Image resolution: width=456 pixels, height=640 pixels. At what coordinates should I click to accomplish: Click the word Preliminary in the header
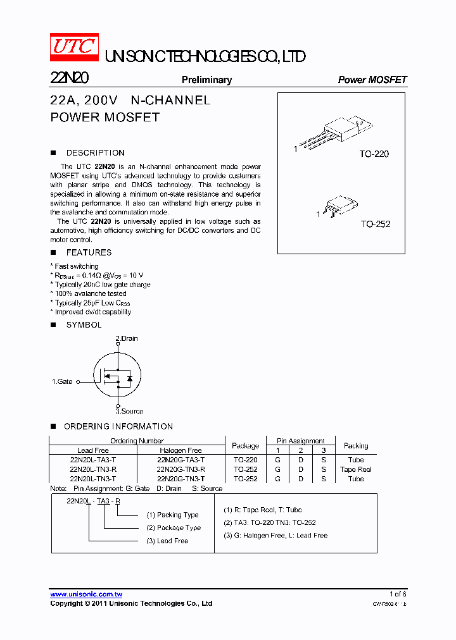click(206, 80)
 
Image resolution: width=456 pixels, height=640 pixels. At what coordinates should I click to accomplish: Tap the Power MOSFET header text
click(372, 80)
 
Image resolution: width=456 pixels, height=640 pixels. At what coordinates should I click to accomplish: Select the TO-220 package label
click(374, 154)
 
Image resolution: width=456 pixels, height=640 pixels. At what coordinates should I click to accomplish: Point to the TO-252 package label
click(376, 224)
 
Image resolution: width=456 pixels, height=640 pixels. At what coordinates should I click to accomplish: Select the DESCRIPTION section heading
click(95, 152)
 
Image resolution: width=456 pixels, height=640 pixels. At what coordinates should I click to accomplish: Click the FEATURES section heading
click(89, 252)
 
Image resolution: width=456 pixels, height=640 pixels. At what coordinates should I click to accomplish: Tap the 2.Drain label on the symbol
click(126, 338)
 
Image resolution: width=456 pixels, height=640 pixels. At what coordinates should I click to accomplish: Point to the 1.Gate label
click(62, 381)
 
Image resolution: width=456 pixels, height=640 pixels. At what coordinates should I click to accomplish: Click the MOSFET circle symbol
click(117, 376)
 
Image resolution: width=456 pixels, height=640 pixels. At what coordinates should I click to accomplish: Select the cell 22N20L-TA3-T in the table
click(93, 460)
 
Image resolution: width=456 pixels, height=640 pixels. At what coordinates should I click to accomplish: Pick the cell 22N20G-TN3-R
click(180, 469)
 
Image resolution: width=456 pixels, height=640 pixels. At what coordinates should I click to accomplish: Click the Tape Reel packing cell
click(355, 469)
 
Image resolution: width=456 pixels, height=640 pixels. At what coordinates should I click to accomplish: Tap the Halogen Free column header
click(180, 450)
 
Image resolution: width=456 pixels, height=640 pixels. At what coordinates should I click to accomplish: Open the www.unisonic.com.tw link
click(86, 594)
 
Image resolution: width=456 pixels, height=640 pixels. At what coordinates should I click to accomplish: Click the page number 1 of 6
click(398, 594)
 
